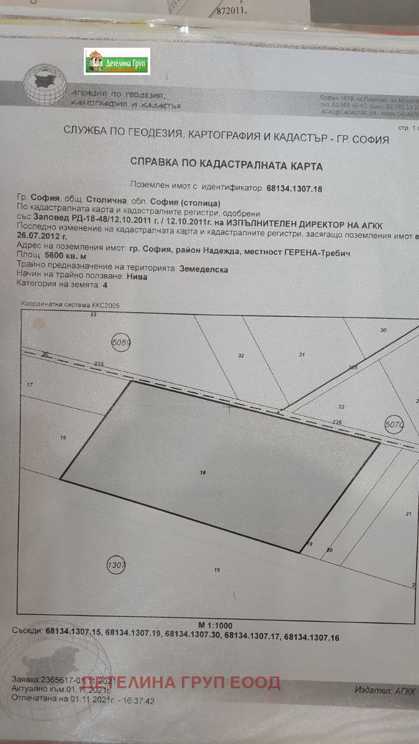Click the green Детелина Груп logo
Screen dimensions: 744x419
[117, 61]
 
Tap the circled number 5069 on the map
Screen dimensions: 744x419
[121, 342]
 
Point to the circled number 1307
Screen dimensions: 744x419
[116, 565]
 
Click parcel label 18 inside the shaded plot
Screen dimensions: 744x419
[202, 473]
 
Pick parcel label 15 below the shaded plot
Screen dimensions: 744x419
[217, 569]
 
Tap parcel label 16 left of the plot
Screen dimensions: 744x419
[63, 438]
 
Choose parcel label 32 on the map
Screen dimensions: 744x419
[241, 355]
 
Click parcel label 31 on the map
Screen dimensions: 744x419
[302, 355]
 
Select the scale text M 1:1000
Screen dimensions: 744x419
[215, 625]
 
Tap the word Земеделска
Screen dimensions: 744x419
[204, 270]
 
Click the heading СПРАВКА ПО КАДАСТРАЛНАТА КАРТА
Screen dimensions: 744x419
[226, 166]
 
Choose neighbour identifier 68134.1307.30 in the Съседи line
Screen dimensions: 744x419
[194, 635]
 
